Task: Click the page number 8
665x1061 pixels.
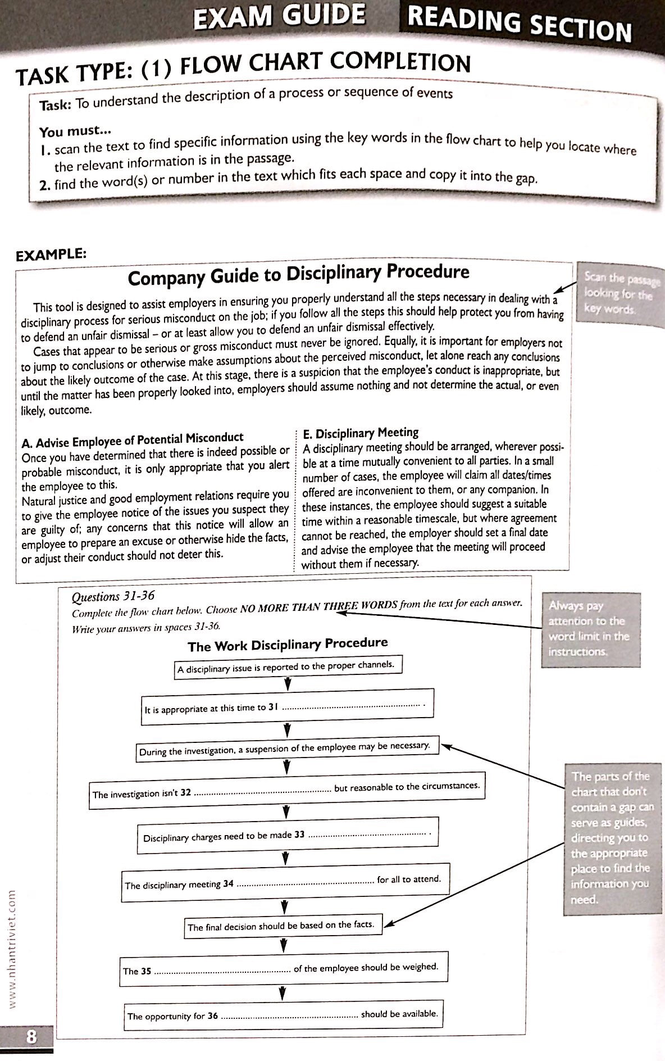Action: tap(30, 1035)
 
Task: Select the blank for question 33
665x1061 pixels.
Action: tap(366, 835)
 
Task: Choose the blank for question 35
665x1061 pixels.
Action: tap(222, 971)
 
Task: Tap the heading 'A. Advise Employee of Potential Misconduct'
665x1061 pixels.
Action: tap(133, 438)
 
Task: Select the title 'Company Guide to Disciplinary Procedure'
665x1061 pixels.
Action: tap(298, 275)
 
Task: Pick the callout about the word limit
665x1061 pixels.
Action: tap(590, 629)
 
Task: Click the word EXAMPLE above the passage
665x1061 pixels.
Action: tap(51, 254)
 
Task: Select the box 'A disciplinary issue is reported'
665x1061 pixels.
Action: tap(286, 667)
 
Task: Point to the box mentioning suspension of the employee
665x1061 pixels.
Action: tap(285, 749)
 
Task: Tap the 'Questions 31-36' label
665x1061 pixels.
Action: tap(113, 596)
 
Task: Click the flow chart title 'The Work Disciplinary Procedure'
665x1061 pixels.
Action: tap(288, 645)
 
